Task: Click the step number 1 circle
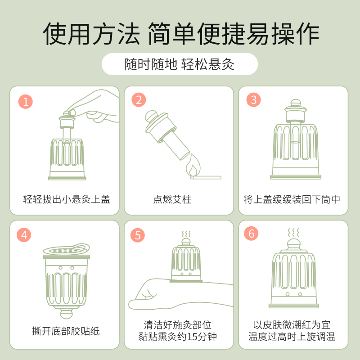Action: tap(26, 101)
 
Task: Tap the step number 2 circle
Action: tap(139, 100)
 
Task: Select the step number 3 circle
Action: tap(253, 100)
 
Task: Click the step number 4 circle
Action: tap(25, 234)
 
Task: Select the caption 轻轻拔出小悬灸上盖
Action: tap(67, 199)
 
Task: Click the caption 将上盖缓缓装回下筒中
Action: tap(292, 199)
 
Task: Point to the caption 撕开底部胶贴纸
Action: tap(66, 332)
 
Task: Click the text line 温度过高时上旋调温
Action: tap(292, 337)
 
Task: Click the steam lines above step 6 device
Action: tap(293, 233)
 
